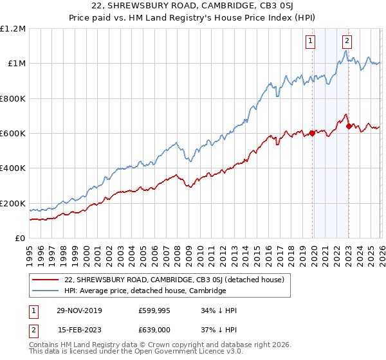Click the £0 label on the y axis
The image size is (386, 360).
click(x=20, y=239)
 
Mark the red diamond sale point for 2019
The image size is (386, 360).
click(x=312, y=134)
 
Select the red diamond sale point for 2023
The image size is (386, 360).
click(x=349, y=127)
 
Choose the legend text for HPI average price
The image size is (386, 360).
click(x=145, y=291)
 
